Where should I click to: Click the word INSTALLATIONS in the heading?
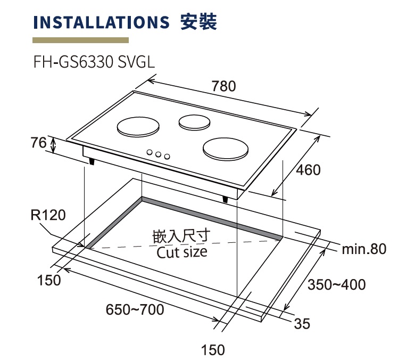tap(101, 22)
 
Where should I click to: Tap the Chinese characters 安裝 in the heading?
tap(199, 22)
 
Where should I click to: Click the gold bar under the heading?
tap(80, 40)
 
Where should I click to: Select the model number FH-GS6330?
tap(73, 62)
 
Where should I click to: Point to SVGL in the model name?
tap(136, 62)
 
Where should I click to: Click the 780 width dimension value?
tap(223, 86)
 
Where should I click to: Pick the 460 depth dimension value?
tap(308, 170)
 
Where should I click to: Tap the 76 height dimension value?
tap(39, 142)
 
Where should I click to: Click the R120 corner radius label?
tap(48, 215)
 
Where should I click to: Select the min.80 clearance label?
tap(364, 249)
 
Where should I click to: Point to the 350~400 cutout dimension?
tap(337, 284)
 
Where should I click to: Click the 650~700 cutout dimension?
tap(135, 310)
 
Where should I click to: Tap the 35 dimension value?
tap(302, 324)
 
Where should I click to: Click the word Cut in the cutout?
tap(168, 252)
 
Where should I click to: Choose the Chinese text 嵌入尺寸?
tap(181, 236)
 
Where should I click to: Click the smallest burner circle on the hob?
tap(194, 122)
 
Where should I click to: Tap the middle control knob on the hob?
tap(159, 154)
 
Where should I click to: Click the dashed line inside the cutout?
tap(184, 243)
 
